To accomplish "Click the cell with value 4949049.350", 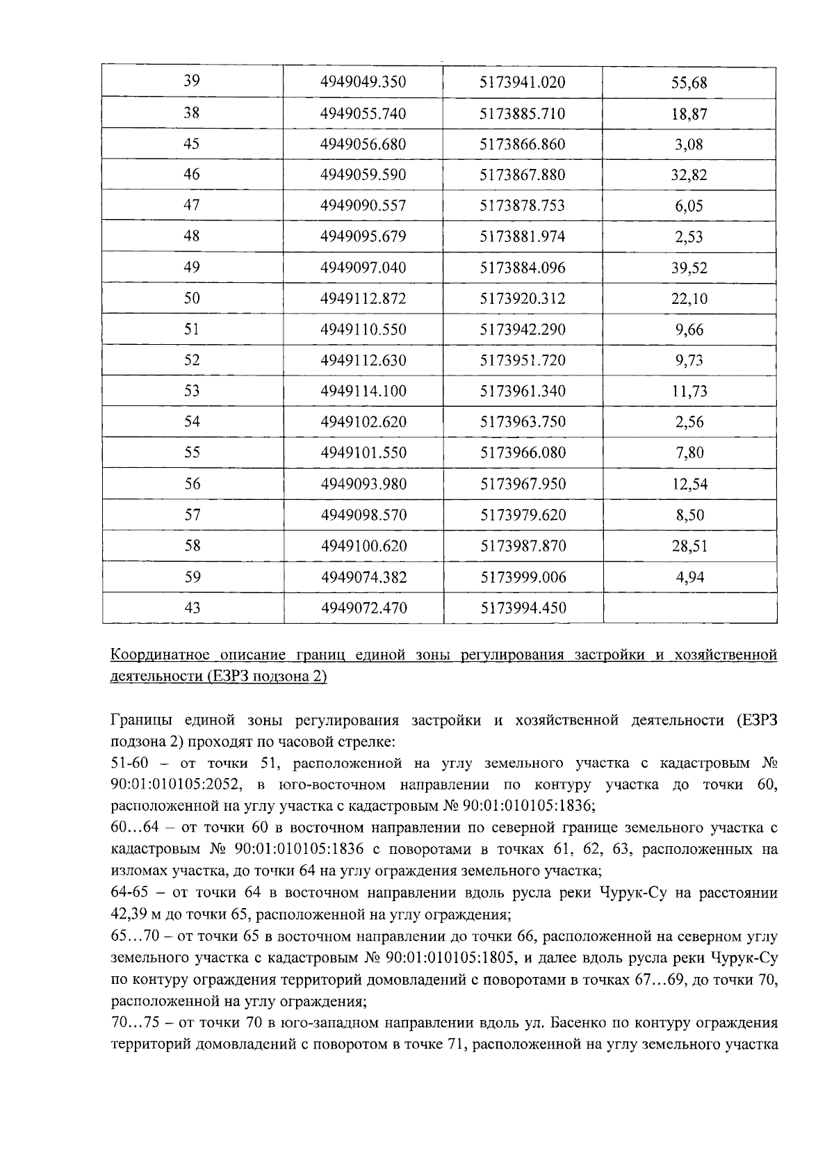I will [363, 82].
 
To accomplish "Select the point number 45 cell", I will [192, 144].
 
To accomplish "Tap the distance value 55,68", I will [689, 83].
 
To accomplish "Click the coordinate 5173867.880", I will [523, 175].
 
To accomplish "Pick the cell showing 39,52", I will [689, 268].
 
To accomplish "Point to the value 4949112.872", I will [363, 298].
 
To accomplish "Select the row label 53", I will [192, 391].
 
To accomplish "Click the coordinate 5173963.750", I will [523, 421].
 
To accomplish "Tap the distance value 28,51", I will [689, 546].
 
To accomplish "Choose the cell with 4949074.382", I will [363, 576].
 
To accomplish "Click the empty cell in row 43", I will [689, 608].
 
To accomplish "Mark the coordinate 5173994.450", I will [523, 608].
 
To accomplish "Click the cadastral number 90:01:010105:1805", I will [450, 957].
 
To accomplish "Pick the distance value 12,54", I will [689, 484].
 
